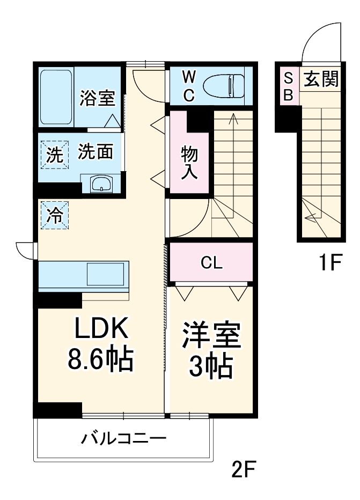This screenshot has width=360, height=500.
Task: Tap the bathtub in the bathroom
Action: point(56,96)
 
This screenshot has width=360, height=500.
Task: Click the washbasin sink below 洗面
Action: point(101,184)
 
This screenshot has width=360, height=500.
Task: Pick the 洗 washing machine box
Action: point(54,155)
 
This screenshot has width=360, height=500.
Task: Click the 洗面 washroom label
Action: point(97,152)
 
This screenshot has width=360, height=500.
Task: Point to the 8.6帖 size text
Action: point(100,361)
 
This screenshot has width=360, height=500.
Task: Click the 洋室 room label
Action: point(211,337)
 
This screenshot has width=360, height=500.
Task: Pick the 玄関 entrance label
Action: point(321,80)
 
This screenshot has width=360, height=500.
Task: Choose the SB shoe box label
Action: point(288,86)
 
